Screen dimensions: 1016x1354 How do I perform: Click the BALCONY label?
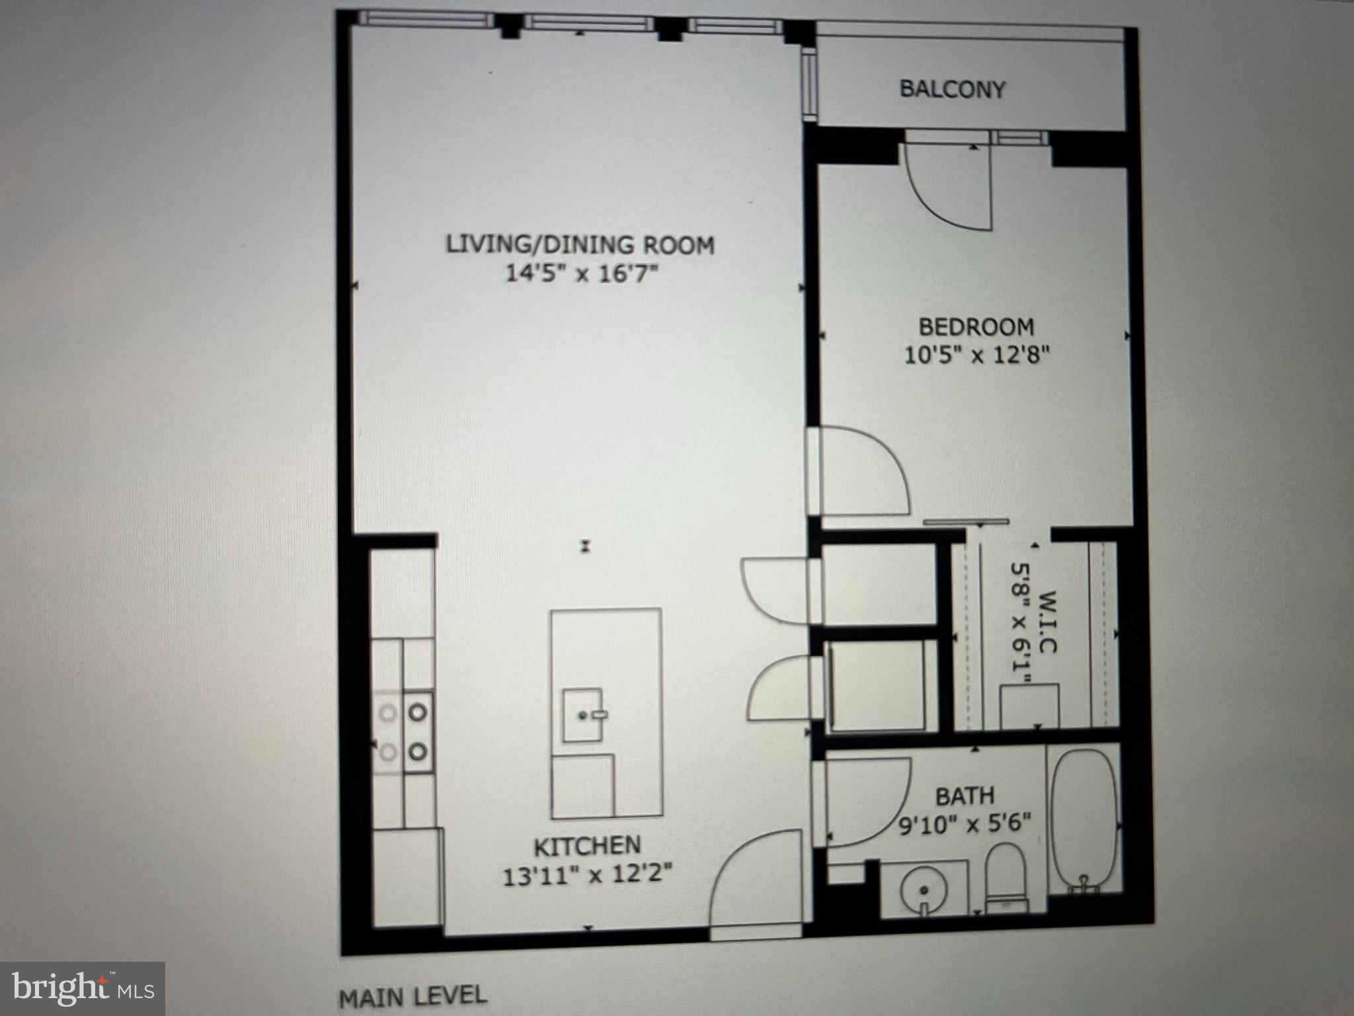pyautogui.click(x=952, y=89)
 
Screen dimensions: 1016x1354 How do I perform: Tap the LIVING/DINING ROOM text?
pyautogui.click(x=580, y=245)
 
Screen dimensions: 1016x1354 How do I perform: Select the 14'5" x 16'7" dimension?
pyautogui.click(x=582, y=273)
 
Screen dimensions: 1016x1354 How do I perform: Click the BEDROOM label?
pyautogui.click(x=976, y=327)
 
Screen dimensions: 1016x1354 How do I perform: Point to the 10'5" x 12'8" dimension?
pyautogui.click(x=976, y=356)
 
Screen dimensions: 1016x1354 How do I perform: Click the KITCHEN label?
pyautogui.click(x=587, y=846)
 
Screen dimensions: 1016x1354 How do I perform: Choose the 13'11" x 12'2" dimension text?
pyautogui.click(x=588, y=876)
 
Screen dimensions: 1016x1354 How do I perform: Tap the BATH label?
pyautogui.click(x=965, y=796)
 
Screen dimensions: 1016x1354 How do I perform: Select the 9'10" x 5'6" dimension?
pyautogui.click(x=965, y=825)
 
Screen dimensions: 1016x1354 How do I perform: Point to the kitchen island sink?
pyautogui.click(x=584, y=715)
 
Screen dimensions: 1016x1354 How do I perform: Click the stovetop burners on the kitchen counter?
pyautogui.click(x=403, y=732)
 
